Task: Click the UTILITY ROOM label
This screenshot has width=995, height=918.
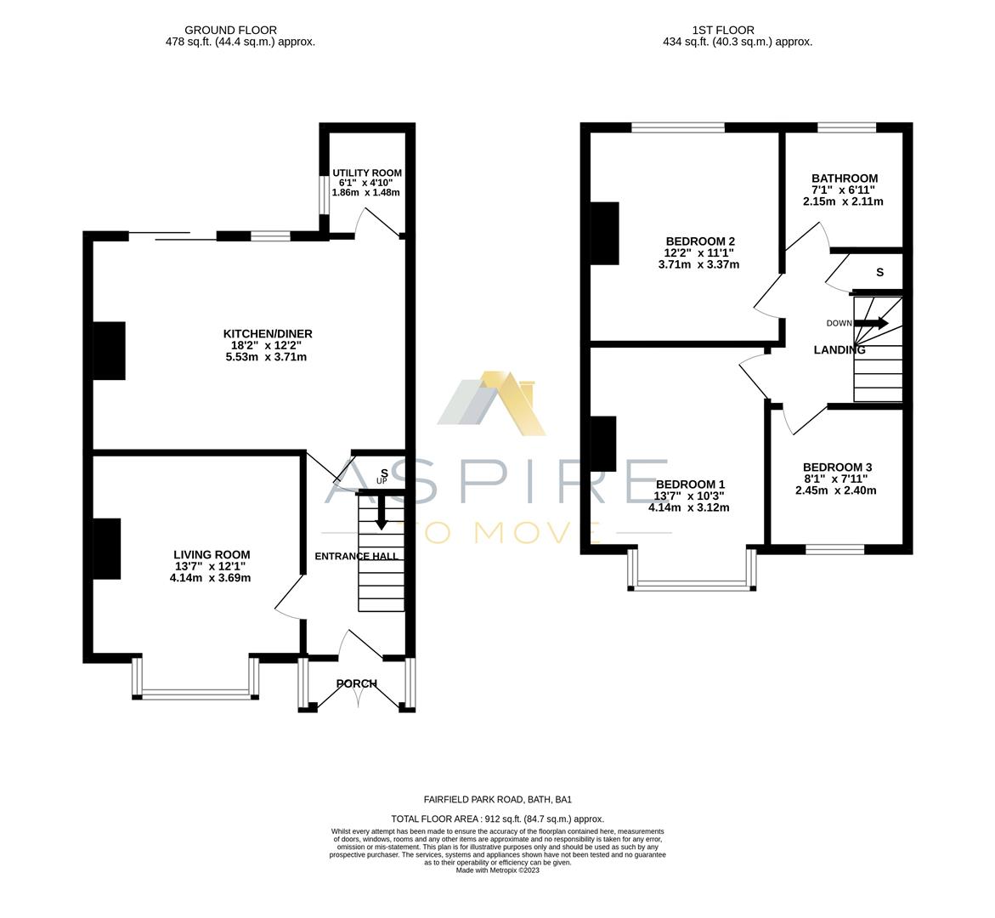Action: click(367, 173)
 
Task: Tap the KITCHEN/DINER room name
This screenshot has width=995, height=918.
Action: click(268, 334)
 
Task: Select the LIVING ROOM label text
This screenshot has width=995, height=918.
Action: click(212, 555)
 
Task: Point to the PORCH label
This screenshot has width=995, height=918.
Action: click(356, 683)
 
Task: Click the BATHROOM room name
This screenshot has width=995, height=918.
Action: click(844, 178)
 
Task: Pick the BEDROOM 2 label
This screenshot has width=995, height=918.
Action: click(699, 241)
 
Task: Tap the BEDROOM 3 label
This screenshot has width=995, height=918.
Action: click(837, 467)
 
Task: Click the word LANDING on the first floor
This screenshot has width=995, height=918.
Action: click(840, 349)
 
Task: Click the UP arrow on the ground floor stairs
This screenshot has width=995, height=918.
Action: click(381, 511)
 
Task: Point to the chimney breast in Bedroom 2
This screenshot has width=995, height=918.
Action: click(605, 233)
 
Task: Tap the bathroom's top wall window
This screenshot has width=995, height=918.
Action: click(846, 127)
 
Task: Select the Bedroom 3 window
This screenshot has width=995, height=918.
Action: click(834, 549)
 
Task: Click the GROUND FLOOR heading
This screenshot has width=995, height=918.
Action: click(230, 30)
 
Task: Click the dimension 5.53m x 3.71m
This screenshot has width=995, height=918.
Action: click(265, 357)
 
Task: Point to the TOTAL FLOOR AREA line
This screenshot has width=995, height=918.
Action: click(497, 819)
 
